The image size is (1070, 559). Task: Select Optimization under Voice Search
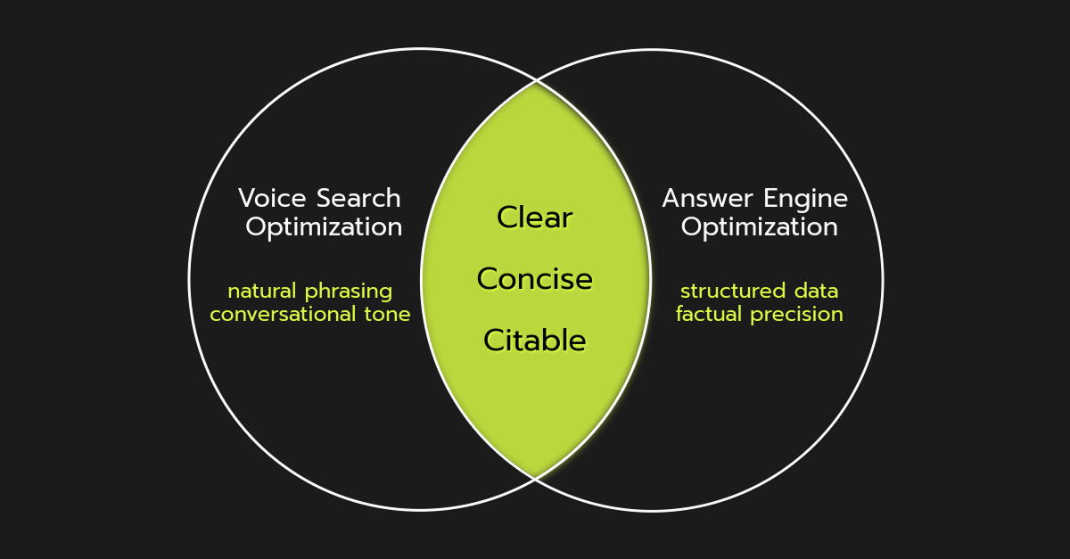tap(324, 227)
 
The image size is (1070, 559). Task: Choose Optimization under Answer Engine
tap(759, 227)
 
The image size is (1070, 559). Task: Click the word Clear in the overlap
tap(535, 218)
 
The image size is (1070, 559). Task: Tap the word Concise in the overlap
tap(535, 279)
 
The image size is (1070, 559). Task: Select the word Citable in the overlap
tap(535, 341)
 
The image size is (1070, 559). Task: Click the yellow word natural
tap(263, 291)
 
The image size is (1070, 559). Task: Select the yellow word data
tap(815, 291)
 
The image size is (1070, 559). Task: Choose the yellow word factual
tap(710, 314)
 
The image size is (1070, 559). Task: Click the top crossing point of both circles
tap(535, 81)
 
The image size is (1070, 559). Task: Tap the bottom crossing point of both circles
tap(535, 478)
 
